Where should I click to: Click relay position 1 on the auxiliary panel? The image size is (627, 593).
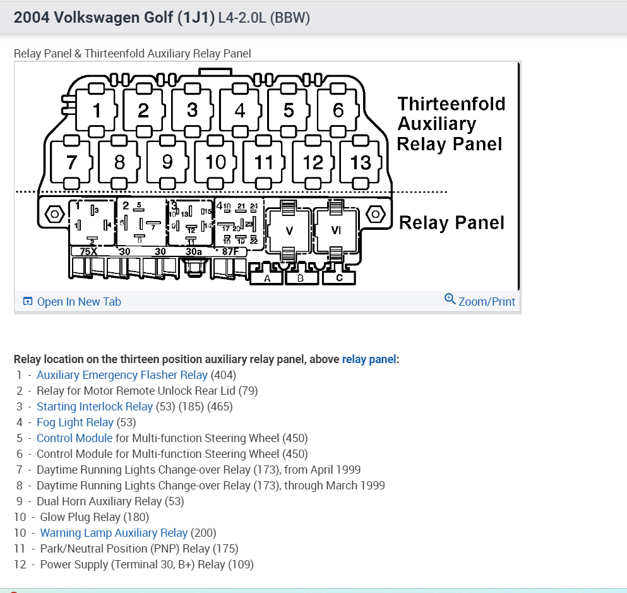(x=97, y=111)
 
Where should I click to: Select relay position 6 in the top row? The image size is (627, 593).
(x=338, y=111)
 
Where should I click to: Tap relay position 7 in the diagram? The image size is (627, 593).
(x=71, y=162)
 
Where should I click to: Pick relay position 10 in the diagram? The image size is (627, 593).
(x=216, y=162)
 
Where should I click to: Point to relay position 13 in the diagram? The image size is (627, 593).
(x=361, y=162)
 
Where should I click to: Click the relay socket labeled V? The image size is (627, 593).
(x=289, y=230)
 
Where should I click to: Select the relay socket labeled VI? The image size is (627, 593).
(x=336, y=230)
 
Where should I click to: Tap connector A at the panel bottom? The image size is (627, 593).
(x=268, y=279)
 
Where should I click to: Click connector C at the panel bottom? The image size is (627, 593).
(x=340, y=279)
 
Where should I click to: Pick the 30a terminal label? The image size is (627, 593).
(x=193, y=251)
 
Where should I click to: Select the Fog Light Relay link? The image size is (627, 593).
(x=75, y=422)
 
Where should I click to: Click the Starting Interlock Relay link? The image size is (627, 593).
(x=95, y=407)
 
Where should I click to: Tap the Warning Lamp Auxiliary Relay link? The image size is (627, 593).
(x=114, y=533)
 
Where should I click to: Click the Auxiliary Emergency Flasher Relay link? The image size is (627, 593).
(x=122, y=375)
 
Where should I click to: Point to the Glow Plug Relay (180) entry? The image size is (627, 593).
(x=95, y=517)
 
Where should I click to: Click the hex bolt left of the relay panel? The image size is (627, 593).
(x=55, y=215)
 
